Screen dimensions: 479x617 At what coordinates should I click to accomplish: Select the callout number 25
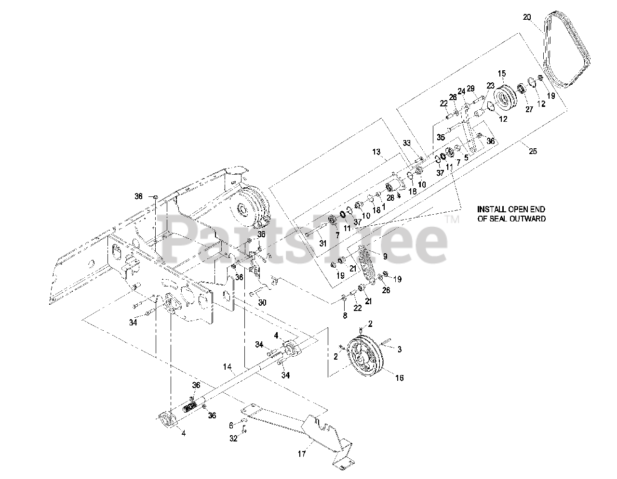coord(533,151)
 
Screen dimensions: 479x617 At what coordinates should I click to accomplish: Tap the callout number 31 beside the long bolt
coord(323,244)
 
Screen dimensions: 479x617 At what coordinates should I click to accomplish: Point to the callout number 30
coord(262,303)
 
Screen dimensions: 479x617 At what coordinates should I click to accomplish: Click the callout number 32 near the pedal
coord(234,439)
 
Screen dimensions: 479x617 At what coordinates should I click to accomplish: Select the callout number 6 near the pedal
coord(231,425)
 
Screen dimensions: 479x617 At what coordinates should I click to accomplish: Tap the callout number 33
coord(407,143)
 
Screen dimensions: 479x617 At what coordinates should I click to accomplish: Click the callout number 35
coord(441,137)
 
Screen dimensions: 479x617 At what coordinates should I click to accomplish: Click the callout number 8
coord(344,315)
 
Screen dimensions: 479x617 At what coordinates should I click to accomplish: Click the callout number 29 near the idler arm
coord(470,88)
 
